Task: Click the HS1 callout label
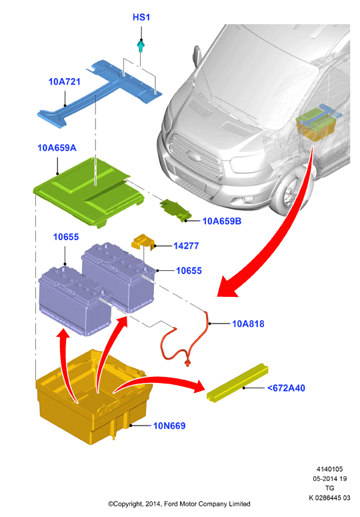click(x=141, y=17)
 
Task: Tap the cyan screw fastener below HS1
click(x=141, y=47)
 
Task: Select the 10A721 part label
click(x=64, y=82)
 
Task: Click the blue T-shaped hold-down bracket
click(x=99, y=92)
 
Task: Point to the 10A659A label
click(x=57, y=147)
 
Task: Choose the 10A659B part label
click(x=221, y=221)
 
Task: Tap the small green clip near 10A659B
click(x=175, y=210)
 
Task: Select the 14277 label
click(x=186, y=246)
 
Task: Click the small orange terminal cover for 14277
click(x=143, y=242)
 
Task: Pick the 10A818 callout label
click(x=248, y=324)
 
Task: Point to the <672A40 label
click(x=286, y=388)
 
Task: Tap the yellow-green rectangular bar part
click(x=237, y=382)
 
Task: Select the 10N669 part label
click(x=169, y=426)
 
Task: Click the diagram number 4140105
click(x=330, y=469)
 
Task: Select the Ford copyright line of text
click(x=179, y=504)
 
